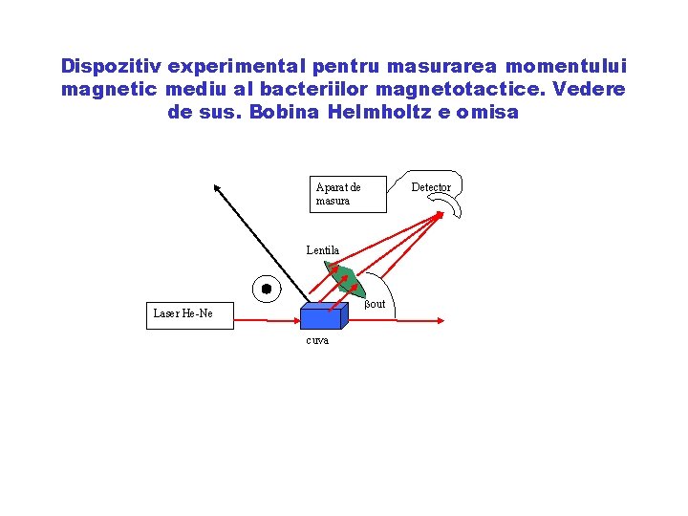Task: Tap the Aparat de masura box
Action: tap(349, 194)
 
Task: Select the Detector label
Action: tap(431, 187)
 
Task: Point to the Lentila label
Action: tap(323, 250)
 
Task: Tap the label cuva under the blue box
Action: tap(317, 341)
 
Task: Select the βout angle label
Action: tap(375, 304)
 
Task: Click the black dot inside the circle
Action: tap(267, 289)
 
